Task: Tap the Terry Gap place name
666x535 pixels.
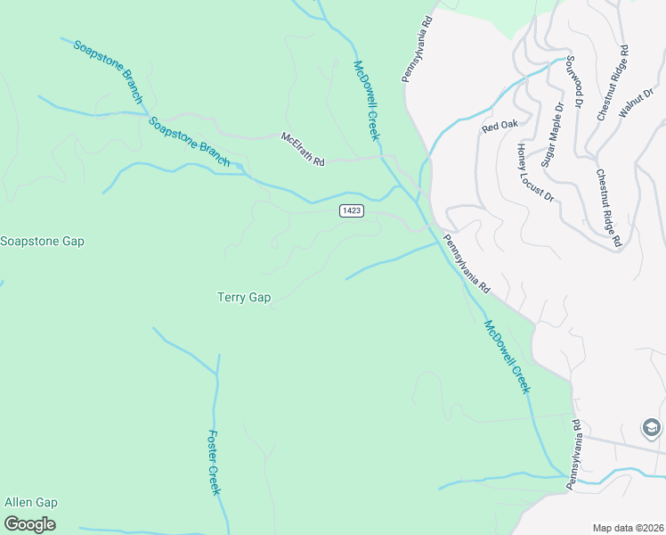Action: tap(244, 298)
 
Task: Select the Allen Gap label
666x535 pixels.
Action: tap(31, 502)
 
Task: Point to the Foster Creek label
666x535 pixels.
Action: tap(214, 463)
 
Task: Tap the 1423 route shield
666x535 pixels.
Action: tap(350, 210)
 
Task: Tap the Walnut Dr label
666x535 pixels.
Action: tap(637, 102)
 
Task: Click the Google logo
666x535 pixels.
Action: tap(29, 524)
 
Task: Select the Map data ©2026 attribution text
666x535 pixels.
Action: tap(629, 527)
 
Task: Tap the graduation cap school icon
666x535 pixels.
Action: tap(651, 428)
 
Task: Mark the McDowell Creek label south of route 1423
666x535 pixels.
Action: tap(507, 357)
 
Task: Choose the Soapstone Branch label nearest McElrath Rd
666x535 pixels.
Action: tap(190, 143)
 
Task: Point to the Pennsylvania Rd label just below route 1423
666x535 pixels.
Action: tap(467, 265)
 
